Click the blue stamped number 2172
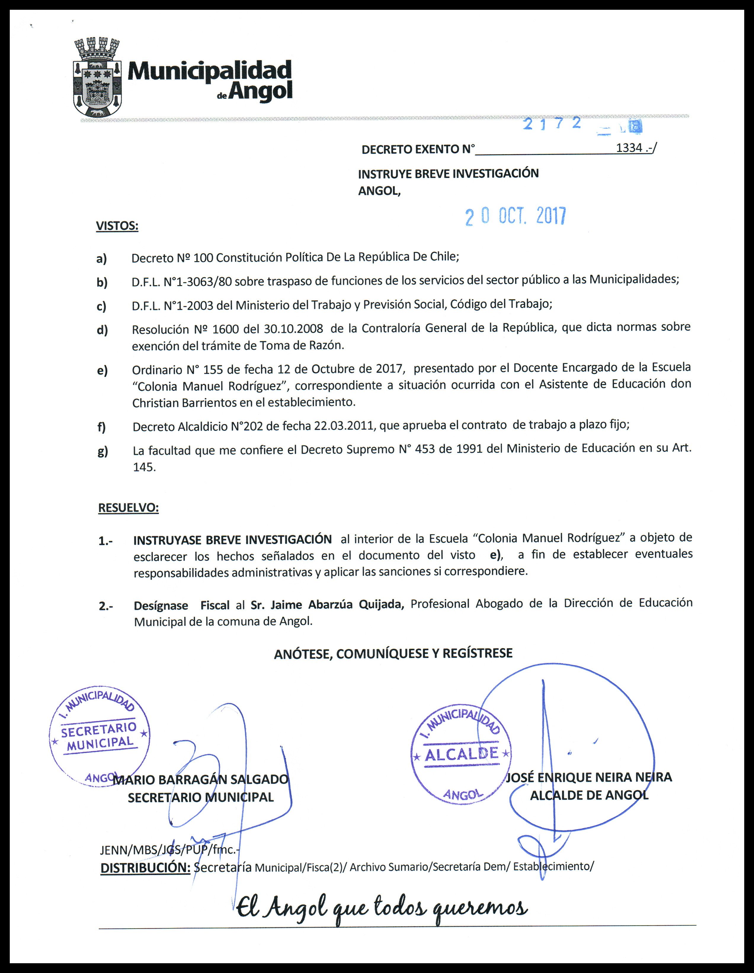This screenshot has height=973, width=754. (553, 123)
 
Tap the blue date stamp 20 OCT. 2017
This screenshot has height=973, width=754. (515, 216)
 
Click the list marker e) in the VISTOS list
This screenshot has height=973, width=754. (102, 371)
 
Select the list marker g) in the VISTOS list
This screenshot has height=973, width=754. (103, 452)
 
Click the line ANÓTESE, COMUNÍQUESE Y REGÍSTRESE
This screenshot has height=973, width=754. (393, 654)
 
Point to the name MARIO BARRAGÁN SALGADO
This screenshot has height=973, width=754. (201, 780)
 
